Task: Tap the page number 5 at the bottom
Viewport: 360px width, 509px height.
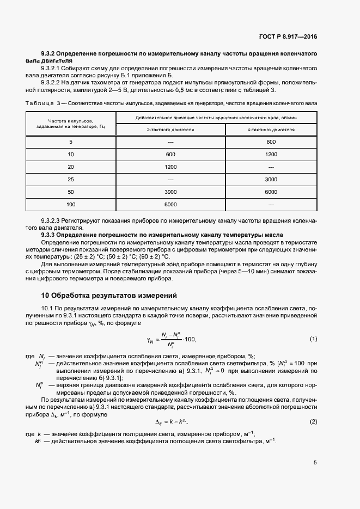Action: tap(315, 463)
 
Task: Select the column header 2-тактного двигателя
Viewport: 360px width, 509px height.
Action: tap(170, 130)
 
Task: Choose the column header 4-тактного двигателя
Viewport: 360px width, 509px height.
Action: tap(271, 130)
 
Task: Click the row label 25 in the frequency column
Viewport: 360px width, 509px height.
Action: tap(71, 179)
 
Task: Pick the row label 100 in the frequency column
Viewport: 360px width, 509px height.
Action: tap(71, 204)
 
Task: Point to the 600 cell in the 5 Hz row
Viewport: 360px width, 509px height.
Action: tap(271, 142)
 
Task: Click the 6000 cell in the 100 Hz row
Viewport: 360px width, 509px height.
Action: tap(170, 204)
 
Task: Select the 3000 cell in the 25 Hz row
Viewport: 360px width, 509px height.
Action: tap(271, 179)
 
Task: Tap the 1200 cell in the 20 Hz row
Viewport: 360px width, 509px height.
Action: tap(170, 167)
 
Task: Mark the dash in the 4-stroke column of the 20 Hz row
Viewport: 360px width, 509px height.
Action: tap(271, 167)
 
